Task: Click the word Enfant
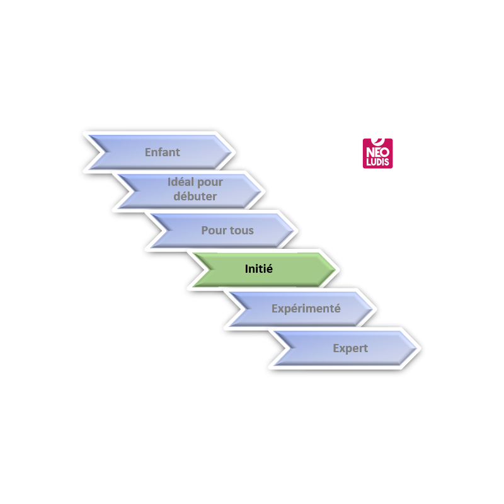point(163,152)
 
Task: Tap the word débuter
point(195,197)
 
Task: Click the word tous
point(241,231)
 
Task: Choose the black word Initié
point(258,269)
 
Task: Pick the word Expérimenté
point(306,309)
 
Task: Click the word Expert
point(350,348)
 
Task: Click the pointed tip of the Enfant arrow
point(232,152)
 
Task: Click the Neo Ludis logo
point(378,154)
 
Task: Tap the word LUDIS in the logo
point(378,162)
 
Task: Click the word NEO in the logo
point(378,152)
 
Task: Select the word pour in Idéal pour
point(210,183)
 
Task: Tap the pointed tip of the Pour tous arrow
point(294,231)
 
